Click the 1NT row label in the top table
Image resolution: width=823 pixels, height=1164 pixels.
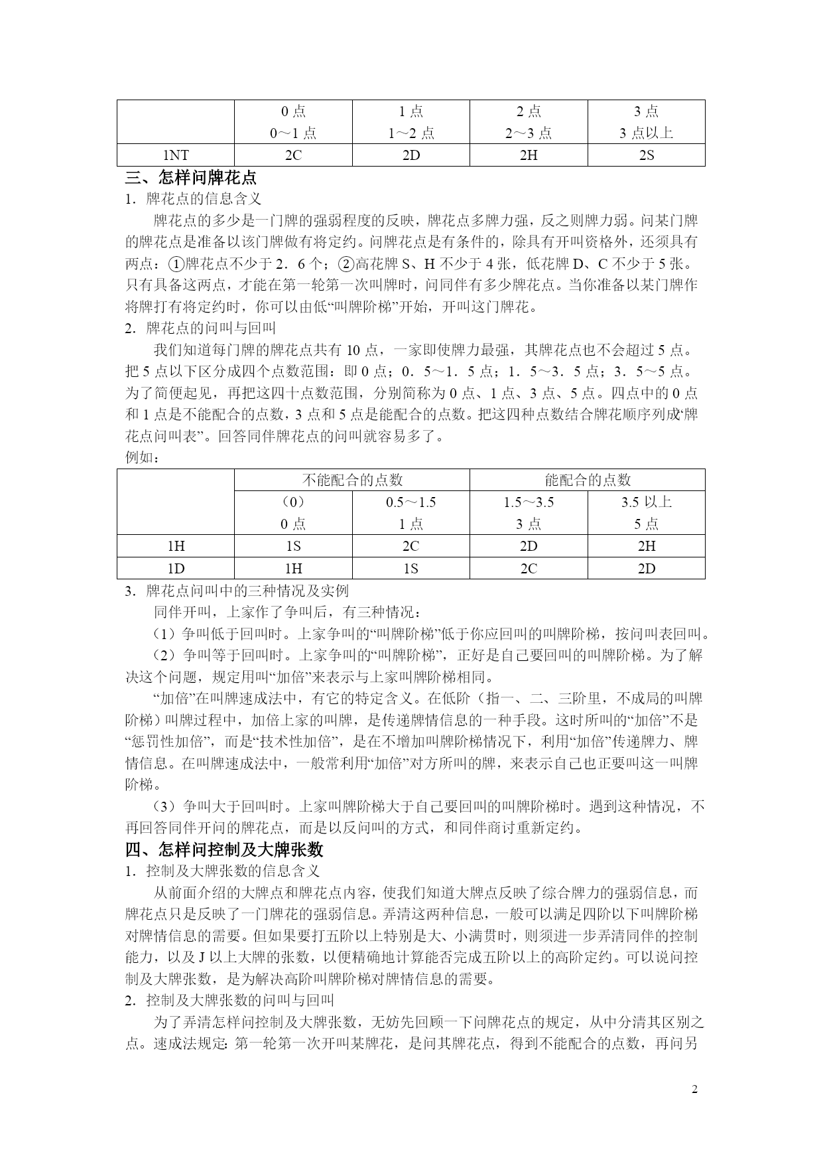tap(176, 155)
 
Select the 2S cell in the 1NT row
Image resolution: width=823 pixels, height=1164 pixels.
tap(646, 155)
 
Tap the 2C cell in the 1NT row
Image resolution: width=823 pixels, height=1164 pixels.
tap(293, 155)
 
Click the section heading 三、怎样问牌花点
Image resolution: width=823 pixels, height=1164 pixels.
tap(192, 178)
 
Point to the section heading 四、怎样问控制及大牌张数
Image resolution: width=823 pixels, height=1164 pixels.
tap(224, 849)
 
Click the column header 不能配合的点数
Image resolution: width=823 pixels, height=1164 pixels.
tap(352, 480)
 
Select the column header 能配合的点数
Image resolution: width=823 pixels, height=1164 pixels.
tap(587, 480)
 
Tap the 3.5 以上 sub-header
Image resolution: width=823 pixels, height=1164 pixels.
tap(646, 502)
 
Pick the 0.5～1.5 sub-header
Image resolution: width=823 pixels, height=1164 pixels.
tap(411, 502)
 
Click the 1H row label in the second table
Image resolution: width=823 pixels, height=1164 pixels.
tap(176, 546)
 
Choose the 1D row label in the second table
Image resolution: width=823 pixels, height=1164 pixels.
tap(176, 568)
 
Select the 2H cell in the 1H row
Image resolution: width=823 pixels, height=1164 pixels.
tap(646, 546)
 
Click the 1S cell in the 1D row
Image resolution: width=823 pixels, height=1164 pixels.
tap(411, 568)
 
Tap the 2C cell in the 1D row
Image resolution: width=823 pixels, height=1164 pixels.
tap(529, 568)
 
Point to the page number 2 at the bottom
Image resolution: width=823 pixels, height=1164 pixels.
tap(694, 1089)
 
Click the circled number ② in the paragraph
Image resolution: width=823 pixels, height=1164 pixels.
tap(347, 264)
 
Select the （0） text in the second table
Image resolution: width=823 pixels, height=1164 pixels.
tap(293, 502)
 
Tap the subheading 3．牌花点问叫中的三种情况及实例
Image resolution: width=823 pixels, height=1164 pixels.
tap(237, 591)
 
